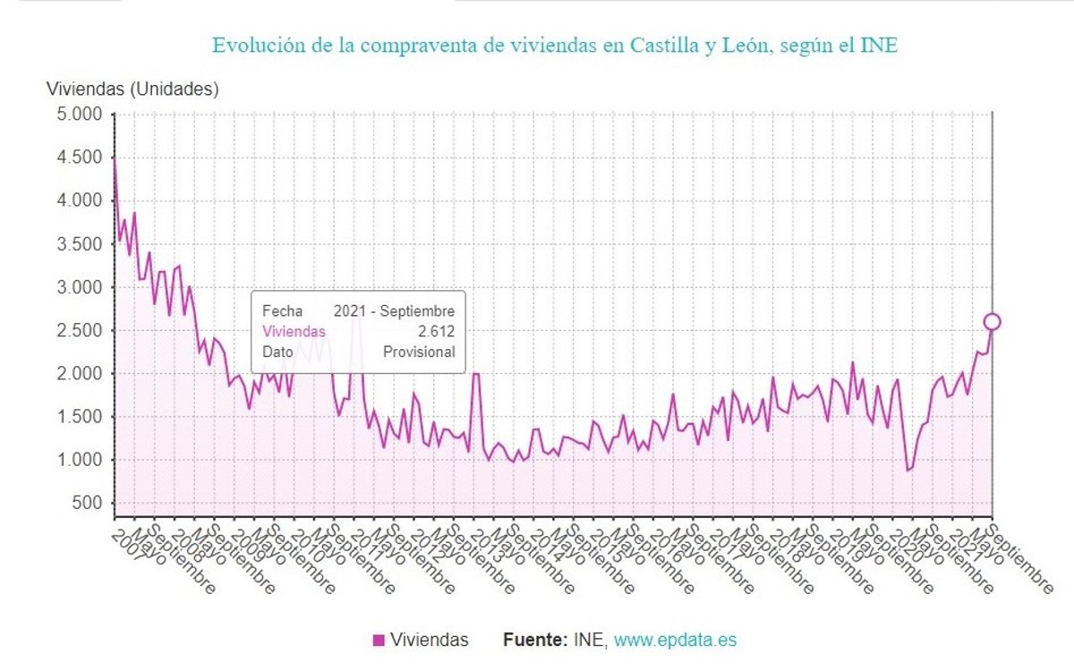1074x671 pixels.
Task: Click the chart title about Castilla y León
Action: pos(554,45)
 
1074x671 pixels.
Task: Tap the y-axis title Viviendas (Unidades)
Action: pos(132,89)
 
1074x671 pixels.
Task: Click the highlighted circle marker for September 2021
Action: pos(992,322)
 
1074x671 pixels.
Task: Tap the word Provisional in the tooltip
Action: pos(419,352)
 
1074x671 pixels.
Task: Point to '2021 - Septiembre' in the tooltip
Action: pos(394,311)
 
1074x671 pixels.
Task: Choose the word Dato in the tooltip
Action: pos(277,352)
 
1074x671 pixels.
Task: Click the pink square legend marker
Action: pos(379,640)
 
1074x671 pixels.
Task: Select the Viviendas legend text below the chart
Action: pos(429,640)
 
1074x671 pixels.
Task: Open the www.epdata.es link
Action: pos(676,640)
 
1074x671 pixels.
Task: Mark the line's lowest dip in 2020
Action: pos(908,471)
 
